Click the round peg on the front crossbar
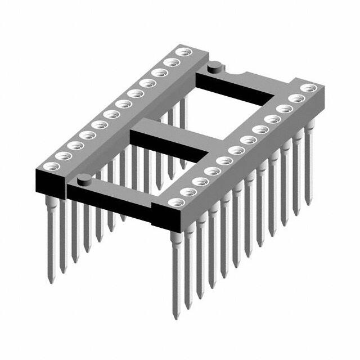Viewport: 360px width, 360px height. pyautogui.click(x=83, y=179)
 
